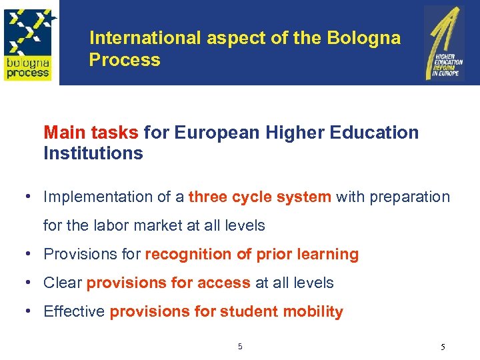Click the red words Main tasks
coord(91,133)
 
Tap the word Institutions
coord(93,153)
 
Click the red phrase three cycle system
coord(260,197)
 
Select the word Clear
coord(63,283)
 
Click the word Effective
coord(74,312)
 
